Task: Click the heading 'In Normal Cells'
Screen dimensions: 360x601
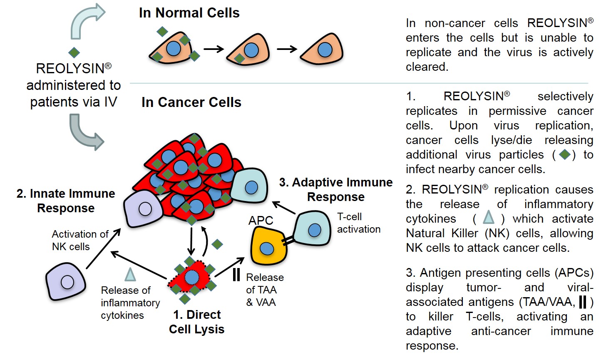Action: click(189, 13)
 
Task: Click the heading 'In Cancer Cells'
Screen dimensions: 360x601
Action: click(191, 102)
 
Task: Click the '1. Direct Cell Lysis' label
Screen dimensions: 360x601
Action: click(196, 322)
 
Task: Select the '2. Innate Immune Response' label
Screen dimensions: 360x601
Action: click(66, 201)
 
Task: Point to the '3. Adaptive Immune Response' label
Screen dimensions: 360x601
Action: click(336, 189)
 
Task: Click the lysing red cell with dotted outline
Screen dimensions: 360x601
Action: click(191, 278)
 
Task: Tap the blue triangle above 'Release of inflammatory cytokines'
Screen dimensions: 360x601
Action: click(130, 274)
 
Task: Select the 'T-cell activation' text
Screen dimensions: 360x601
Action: click(358, 223)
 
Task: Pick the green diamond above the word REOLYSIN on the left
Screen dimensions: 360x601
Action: click(74, 52)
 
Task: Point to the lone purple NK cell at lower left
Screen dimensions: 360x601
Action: click(66, 282)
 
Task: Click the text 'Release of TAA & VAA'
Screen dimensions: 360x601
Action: click(265, 290)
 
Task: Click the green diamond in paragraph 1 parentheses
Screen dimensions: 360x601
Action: click(564, 154)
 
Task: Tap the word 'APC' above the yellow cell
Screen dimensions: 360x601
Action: click(261, 221)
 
